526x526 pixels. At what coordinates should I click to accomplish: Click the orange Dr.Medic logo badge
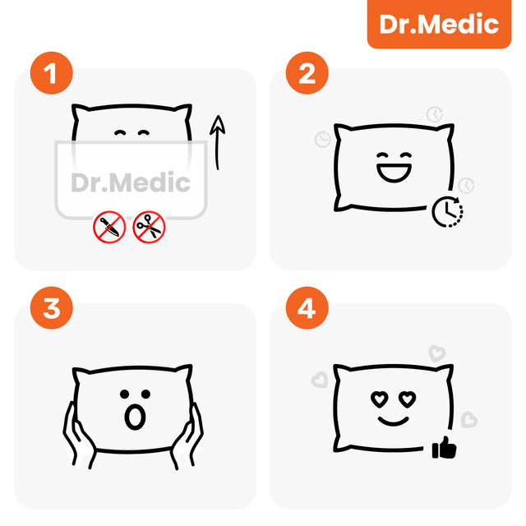tap(439, 24)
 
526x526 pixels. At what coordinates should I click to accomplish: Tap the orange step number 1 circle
tap(50, 73)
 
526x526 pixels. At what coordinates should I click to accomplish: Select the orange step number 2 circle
tap(307, 73)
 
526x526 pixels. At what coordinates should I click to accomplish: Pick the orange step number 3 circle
tap(50, 309)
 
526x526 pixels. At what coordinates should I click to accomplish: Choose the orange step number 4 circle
tap(307, 309)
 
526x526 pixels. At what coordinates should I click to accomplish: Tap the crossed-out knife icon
tap(109, 227)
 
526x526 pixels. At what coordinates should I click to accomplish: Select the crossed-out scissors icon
tap(149, 227)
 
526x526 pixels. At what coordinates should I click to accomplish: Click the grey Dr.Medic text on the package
tap(131, 183)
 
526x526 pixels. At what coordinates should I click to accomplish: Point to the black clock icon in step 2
tap(447, 211)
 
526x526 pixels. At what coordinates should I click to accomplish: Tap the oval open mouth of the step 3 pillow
tap(132, 418)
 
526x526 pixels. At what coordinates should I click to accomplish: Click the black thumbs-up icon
tap(444, 449)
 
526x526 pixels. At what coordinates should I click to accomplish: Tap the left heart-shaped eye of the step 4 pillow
tap(379, 399)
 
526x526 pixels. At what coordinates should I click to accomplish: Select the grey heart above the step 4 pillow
tap(437, 353)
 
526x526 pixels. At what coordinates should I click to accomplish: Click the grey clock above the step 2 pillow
tap(433, 113)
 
